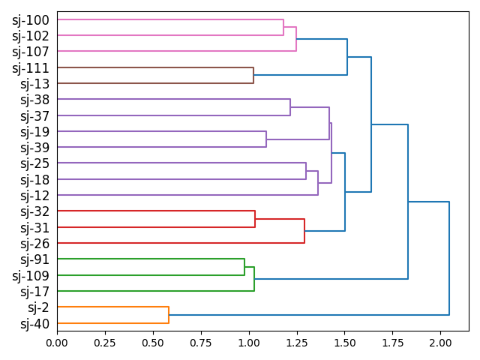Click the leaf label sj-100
[x=31, y=19]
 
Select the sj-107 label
[x=31, y=52]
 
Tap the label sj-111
[x=31, y=68]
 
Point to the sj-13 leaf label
[x=34, y=84]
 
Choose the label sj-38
[x=34, y=100]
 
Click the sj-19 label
[x=34, y=132]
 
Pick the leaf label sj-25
[x=34, y=163]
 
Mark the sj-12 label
[x=34, y=196]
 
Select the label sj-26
[x=34, y=244]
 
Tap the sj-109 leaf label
[x=31, y=275]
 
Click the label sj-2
[x=38, y=307]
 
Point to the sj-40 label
[x=34, y=324]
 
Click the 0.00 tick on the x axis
[x=57, y=343]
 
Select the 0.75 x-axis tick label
[x=200, y=343]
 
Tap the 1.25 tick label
[x=296, y=343]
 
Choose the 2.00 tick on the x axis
[x=439, y=343]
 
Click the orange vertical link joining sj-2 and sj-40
[x=169, y=315]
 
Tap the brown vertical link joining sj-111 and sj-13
[x=253, y=76]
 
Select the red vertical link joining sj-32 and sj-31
[x=255, y=219]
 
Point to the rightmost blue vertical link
[x=449, y=259]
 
